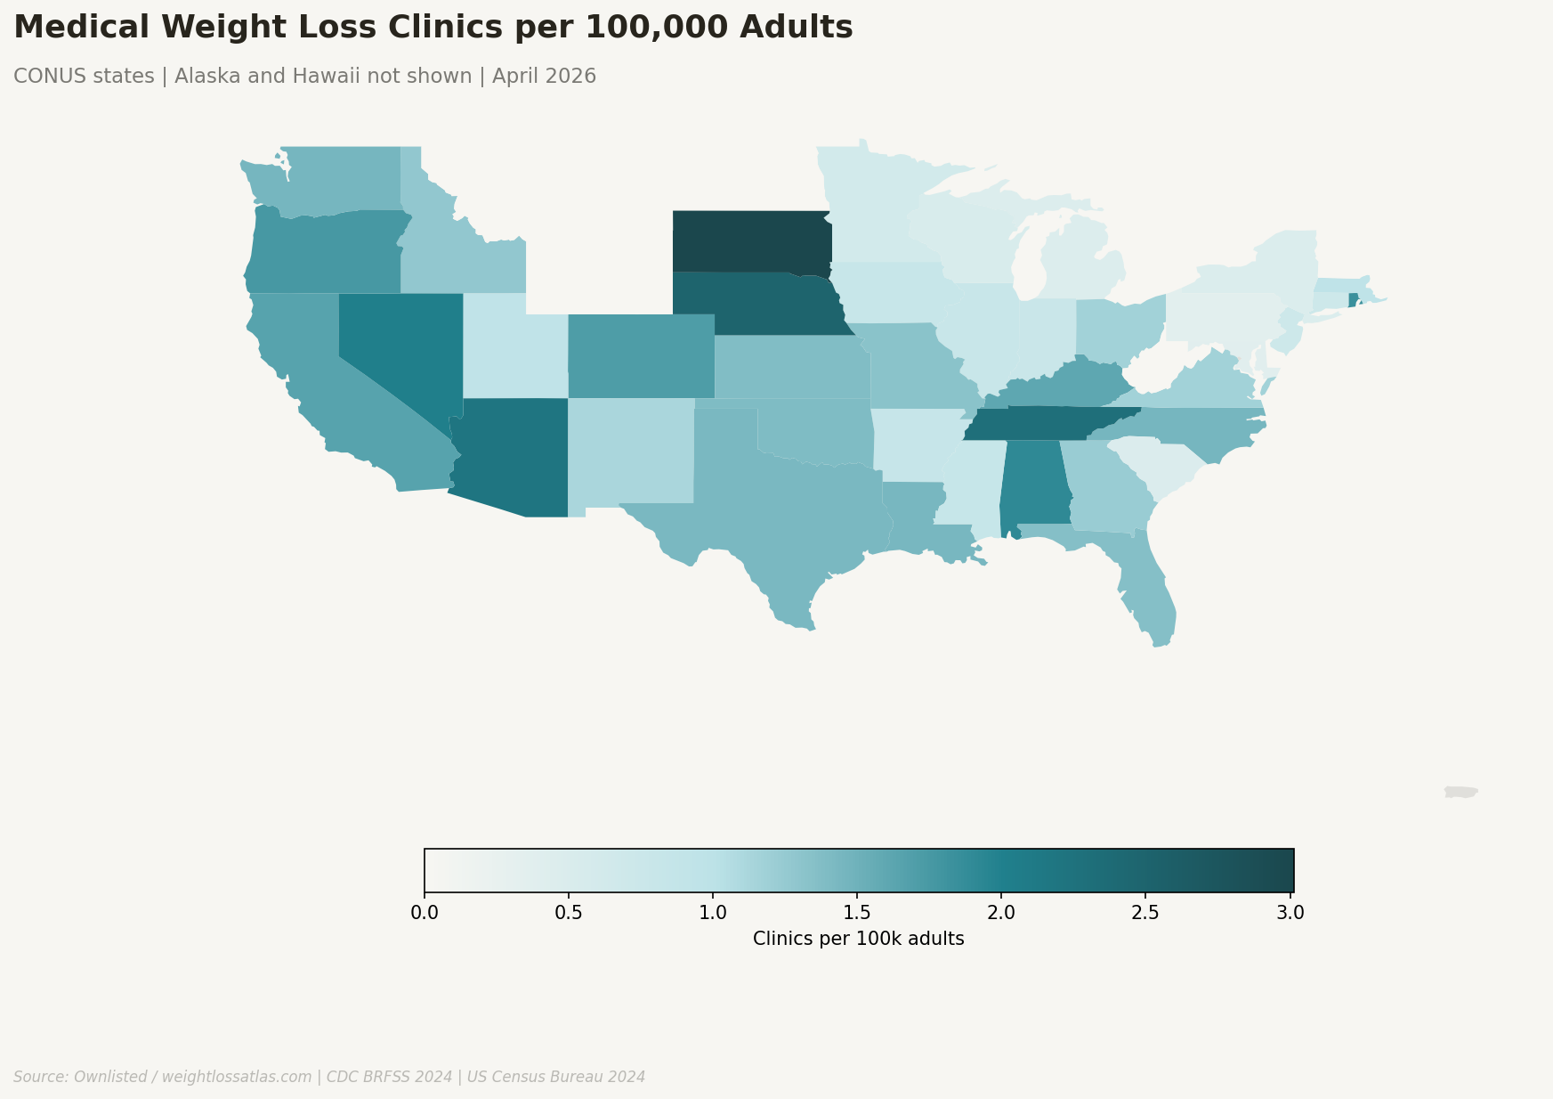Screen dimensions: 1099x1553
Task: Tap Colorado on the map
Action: (x=641, y=356)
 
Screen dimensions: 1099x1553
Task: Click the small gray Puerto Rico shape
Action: (x=1460, y=792)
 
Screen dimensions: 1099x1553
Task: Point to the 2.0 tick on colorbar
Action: (x=1001, y=893)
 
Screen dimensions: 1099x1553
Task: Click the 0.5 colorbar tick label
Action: (x=569, y=913)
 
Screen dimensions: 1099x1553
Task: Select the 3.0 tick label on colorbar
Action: (x=1290, y=913)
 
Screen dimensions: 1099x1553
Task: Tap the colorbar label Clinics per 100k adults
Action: (x=858, y=939)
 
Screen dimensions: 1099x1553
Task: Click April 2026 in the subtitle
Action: (x=544, y=77)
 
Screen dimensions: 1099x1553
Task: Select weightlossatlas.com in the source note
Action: (x=237, y=1077)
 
